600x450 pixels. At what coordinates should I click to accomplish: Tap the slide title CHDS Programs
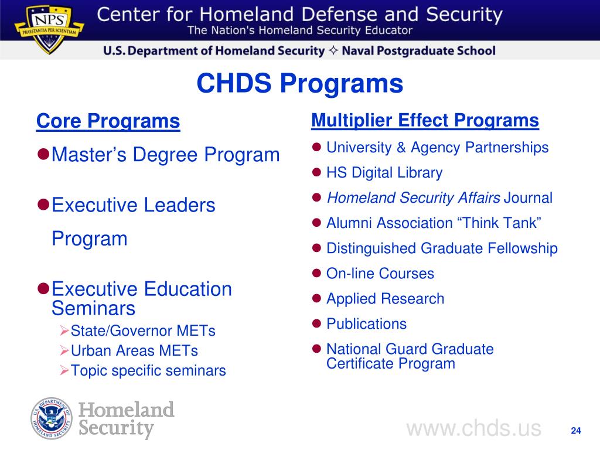pos(299,84)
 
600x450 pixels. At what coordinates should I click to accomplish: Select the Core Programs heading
pos(108,121)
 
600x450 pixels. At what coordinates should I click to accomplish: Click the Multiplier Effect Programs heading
pos(425,120)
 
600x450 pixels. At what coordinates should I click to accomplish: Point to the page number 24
pos(575,431)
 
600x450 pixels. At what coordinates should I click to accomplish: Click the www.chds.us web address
pos(473,428)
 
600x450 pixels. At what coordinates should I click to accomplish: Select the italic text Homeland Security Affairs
pos(413,198)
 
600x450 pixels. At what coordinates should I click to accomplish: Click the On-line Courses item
pos(380,274)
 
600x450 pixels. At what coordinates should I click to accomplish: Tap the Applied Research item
pos(385,299)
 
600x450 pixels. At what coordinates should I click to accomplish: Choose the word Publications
pos(366,324)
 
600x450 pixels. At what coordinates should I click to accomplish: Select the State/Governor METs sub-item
pos(143,331)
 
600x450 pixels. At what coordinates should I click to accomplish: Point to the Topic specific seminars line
pos(148,370)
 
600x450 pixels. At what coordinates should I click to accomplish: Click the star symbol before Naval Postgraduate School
pos(334,51)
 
